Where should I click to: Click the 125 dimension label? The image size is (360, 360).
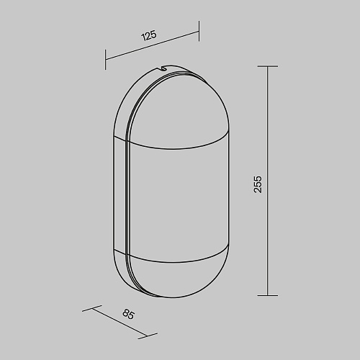149,35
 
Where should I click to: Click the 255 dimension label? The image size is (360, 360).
258,184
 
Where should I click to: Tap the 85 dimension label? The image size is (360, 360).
128,314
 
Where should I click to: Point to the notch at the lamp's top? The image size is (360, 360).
164,68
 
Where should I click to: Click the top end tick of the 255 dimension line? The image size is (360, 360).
268,66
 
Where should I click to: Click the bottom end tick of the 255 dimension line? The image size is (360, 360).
268,295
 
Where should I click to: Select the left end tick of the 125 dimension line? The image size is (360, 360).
105,60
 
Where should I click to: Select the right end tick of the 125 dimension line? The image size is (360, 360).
199,31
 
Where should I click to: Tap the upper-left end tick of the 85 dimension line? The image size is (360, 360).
92,308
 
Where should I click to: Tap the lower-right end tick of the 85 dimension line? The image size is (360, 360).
148,336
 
